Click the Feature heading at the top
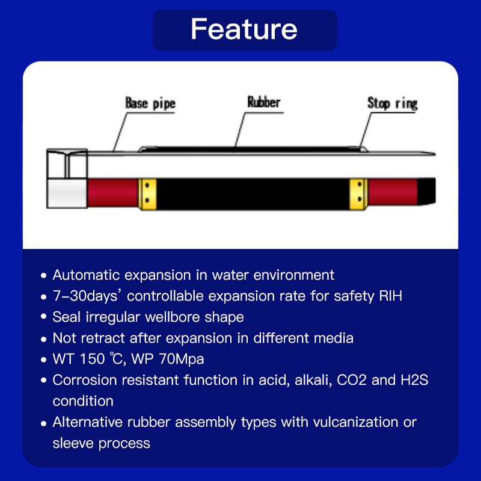(x=244, y=29)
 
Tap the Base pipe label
(x=150, y=103)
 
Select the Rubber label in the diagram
(x=264, y=102)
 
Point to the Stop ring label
(x=393, y=103)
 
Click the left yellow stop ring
(x=147, y=194)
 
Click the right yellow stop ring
(x=358, y=194)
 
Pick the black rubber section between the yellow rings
(x=253, y=194)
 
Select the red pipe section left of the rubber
(x=113, y=193)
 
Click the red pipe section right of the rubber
(x=393, y=192)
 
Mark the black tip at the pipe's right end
(x=426, y=191)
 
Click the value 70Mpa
(x=182, y=359)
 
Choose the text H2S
(x=414, y=380)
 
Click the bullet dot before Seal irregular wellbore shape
(x=43, y=316)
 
